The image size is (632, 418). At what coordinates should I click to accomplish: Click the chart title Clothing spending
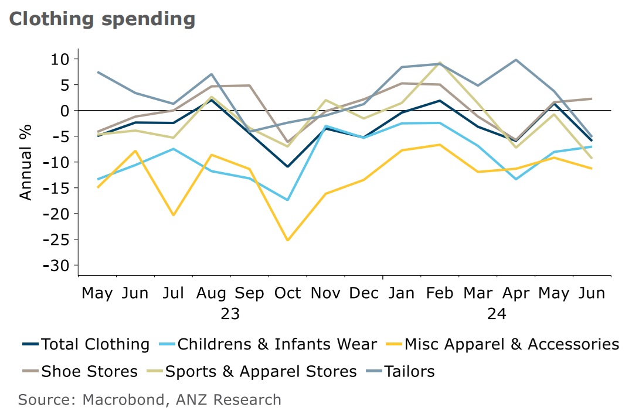click(x=101, y=19)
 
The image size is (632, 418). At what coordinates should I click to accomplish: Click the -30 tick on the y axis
click(x=56, y=265)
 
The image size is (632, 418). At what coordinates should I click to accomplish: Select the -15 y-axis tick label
click(x=56, y=188)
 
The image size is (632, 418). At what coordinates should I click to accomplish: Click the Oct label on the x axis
click(x=287, y=293)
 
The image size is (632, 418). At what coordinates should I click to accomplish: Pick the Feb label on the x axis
click(x=440, y=293)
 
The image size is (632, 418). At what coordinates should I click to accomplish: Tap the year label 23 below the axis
click(x=230, y=314)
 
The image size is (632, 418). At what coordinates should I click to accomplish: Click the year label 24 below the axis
click(x=496, y=314)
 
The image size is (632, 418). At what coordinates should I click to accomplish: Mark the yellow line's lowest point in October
click(x=287, y=240)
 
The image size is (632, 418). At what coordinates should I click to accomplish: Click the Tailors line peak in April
click(x=515, y=60)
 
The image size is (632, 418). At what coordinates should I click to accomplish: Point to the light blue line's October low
click(x=287, y=200)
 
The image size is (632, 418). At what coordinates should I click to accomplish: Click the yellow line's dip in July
click(x=174, y=215)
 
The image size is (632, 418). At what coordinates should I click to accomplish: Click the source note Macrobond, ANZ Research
click(x=149, y=400)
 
